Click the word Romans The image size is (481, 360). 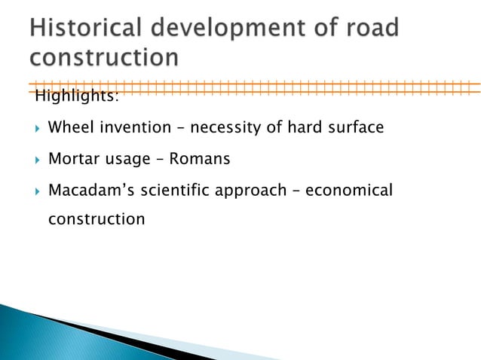(x=200, y=159)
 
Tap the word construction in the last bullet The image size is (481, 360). (x=96, y=220)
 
